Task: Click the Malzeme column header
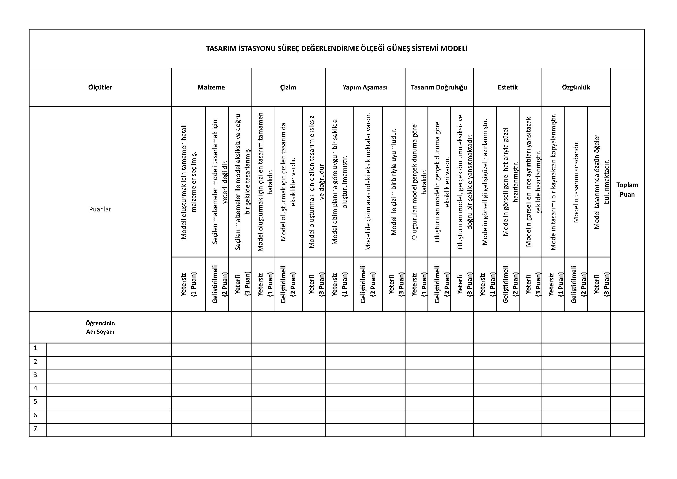pyautogui.click(x=211, y=87)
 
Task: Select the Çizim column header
pyautogui.click(x=288, y=87)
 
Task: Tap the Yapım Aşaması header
pyautogui.click(x=365, y=87)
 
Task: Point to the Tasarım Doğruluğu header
pyautogui.click(x=439, y=87)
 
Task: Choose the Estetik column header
pyautogui.click(x=507, y=87)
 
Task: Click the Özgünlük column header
pyautogui.click(x=576, y=87)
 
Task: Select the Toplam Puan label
pyautogui.click(x=627, y=190)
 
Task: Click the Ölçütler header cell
pyautogui.click(x=100, y=87)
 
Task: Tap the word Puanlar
pyautogui.click(x=100, y=209)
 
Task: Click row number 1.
pyautogui.click(x=36, y=348)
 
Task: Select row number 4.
pyautogui.click(x=36, y=388)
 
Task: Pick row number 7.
pyautogui.click(x=36, y=428)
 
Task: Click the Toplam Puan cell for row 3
pyautogui.click(x=627, y=376)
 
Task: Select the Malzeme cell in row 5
pyautogui.click(x=211, y=403)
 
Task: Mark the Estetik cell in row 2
pyautogui.click(x=507, y=363)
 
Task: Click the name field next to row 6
pyautogui.click(x=109, y=416)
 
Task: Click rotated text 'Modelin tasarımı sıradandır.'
pyautogui.click(x=576, y=182)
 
